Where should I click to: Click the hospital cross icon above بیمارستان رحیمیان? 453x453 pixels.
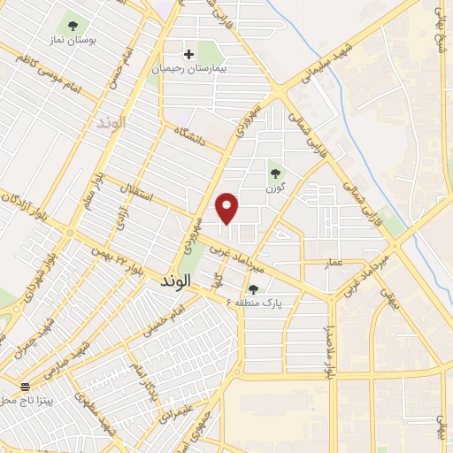click(x=188, y=54)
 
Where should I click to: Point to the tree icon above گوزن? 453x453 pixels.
click(x=274, y=173)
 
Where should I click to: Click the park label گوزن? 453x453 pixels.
click(x=274, y=188)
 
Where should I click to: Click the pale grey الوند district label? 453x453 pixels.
click(x=112, y=122)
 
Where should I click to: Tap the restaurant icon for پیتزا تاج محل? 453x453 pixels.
click(x=25, y=387)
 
